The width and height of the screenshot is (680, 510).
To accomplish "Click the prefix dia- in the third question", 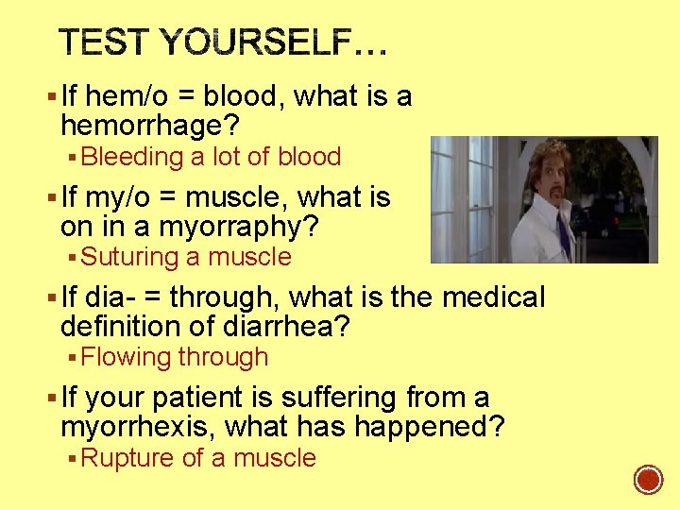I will point(110,297).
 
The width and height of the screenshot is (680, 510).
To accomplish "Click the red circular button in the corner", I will point(648,480).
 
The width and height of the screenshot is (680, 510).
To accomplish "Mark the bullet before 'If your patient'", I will point(50,399).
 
